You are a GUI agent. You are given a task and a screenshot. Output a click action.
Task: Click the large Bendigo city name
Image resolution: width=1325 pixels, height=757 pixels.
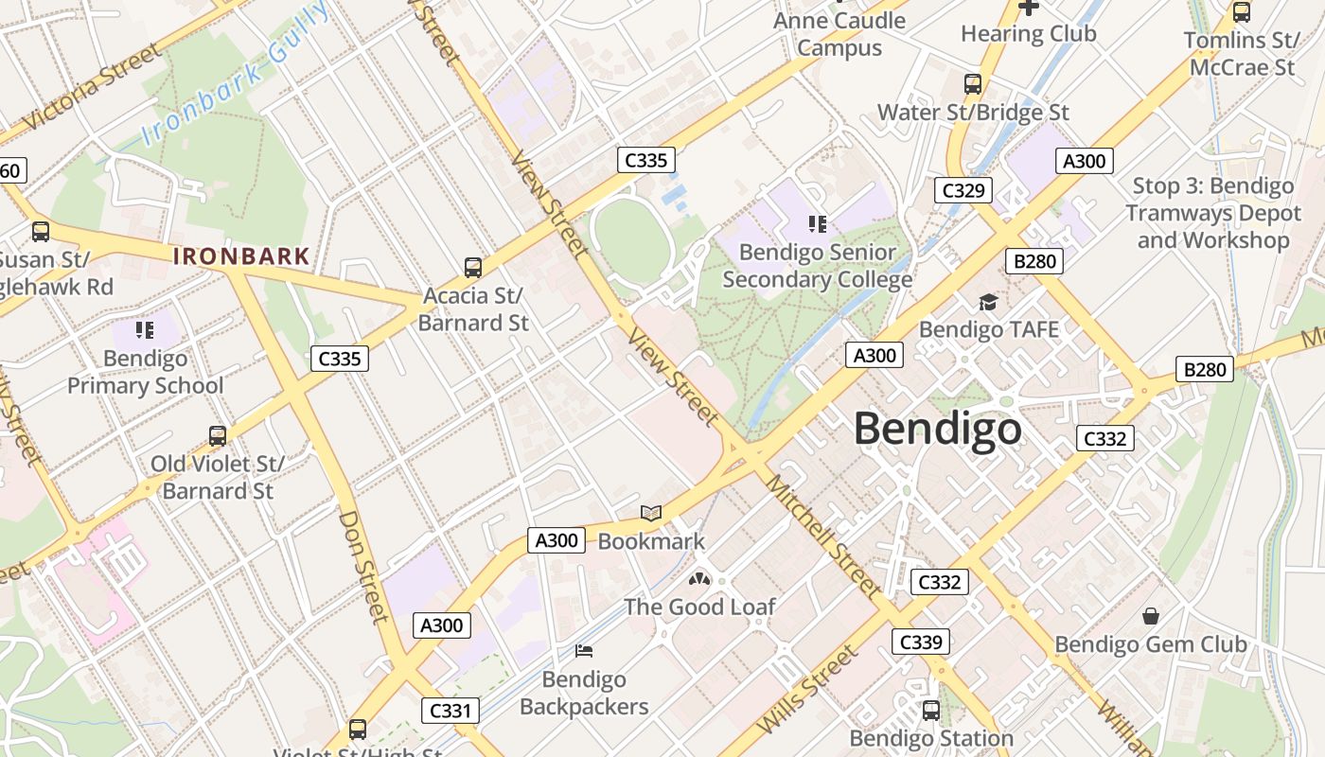coord(937,429)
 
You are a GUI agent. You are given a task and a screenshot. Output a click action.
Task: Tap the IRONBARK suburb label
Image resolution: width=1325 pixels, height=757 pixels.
coord(241,255)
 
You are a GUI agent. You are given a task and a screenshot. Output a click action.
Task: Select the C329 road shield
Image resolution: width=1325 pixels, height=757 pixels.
coord(963,190)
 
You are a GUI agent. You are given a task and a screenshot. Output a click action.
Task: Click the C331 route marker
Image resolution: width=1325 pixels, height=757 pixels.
coord(450,711)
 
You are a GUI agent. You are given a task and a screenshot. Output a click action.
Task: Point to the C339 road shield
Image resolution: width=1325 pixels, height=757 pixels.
coord(920,643)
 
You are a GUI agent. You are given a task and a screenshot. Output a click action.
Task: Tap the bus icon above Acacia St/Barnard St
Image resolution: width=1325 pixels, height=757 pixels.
coord(473,268)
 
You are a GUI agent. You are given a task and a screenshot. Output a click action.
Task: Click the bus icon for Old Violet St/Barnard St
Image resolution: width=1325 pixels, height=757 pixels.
coord(218,436)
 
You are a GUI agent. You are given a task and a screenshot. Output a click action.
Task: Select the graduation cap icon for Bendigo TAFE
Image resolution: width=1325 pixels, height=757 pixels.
coord(988,302)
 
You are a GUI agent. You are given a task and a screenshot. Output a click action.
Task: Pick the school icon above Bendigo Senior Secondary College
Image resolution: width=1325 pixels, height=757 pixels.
coord(818,224)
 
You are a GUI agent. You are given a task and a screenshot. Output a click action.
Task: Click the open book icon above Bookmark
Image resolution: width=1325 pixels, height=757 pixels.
coord(651,514)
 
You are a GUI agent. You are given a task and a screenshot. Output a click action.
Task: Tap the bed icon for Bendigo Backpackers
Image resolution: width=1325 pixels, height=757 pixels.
coord(584,651)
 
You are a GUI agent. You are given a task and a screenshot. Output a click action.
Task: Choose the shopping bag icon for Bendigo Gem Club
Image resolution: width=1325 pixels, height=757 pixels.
coord(1151,617)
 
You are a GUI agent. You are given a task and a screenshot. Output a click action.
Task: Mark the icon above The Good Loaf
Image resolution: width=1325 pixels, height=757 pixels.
coord(699,579)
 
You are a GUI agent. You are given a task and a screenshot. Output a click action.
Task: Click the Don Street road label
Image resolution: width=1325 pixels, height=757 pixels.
coord(364,568)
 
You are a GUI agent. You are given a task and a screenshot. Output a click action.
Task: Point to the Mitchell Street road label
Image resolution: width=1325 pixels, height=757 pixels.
coord(822,537)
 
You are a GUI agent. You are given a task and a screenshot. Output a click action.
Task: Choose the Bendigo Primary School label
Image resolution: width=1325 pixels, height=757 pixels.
coord(145,372)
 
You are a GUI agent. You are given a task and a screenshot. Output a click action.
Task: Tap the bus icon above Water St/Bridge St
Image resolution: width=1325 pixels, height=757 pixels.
coord(973,84)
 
